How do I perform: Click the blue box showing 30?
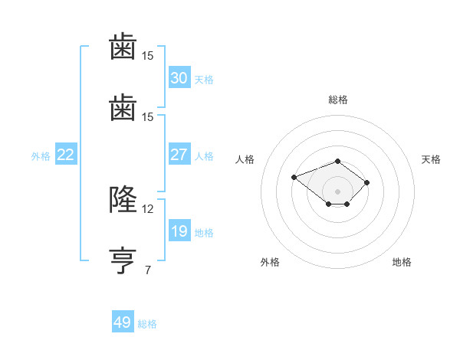click(x=179, y=77)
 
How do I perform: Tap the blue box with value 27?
click(x=179, y=154)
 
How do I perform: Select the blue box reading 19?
click(x=179, y=231)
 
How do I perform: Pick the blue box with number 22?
click(x=65, y=155)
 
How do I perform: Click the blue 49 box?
click(x=122, y=322)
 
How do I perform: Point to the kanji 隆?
click(x=123, y=199)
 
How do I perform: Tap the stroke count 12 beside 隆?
click(x=148, y=208)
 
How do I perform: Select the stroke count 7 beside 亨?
click(x=148, y=270)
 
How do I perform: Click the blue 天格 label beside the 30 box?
click(x=204, y=79)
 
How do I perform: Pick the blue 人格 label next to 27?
click(x=204, y=156)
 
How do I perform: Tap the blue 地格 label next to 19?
click(x=204, y=233)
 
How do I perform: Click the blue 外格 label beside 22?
click(x=41, y=156)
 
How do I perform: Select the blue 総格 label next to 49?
click(x=147, y=324)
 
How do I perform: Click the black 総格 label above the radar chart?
click(x=338, y=100)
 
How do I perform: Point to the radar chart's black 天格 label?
click(x=431, y=159)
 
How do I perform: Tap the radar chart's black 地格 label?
click(x=402, y=262)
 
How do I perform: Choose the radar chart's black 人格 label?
click(x=245, y=159)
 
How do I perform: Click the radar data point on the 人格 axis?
click(x=294, y=178)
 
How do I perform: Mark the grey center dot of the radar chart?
click(x=338, y=191)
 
